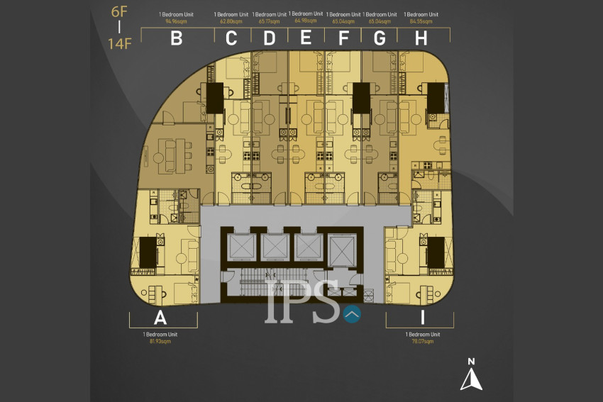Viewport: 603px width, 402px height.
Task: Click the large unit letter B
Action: tap(177, 39)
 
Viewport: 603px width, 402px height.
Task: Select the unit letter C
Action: tap(231, 39)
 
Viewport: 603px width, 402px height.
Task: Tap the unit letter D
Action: tap(269, 39)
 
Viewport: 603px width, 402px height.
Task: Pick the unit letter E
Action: tap(306, 38)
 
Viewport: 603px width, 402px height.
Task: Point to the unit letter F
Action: tap(344, 39)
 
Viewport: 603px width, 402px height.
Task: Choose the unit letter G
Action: tap(380, 39)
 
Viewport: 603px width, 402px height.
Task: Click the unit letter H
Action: tap(421, 39)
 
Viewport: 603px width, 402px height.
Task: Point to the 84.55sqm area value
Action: tap(421, 21)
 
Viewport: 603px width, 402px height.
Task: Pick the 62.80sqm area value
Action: tap(231, 21)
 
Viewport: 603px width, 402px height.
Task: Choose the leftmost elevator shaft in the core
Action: tap(240, 247)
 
